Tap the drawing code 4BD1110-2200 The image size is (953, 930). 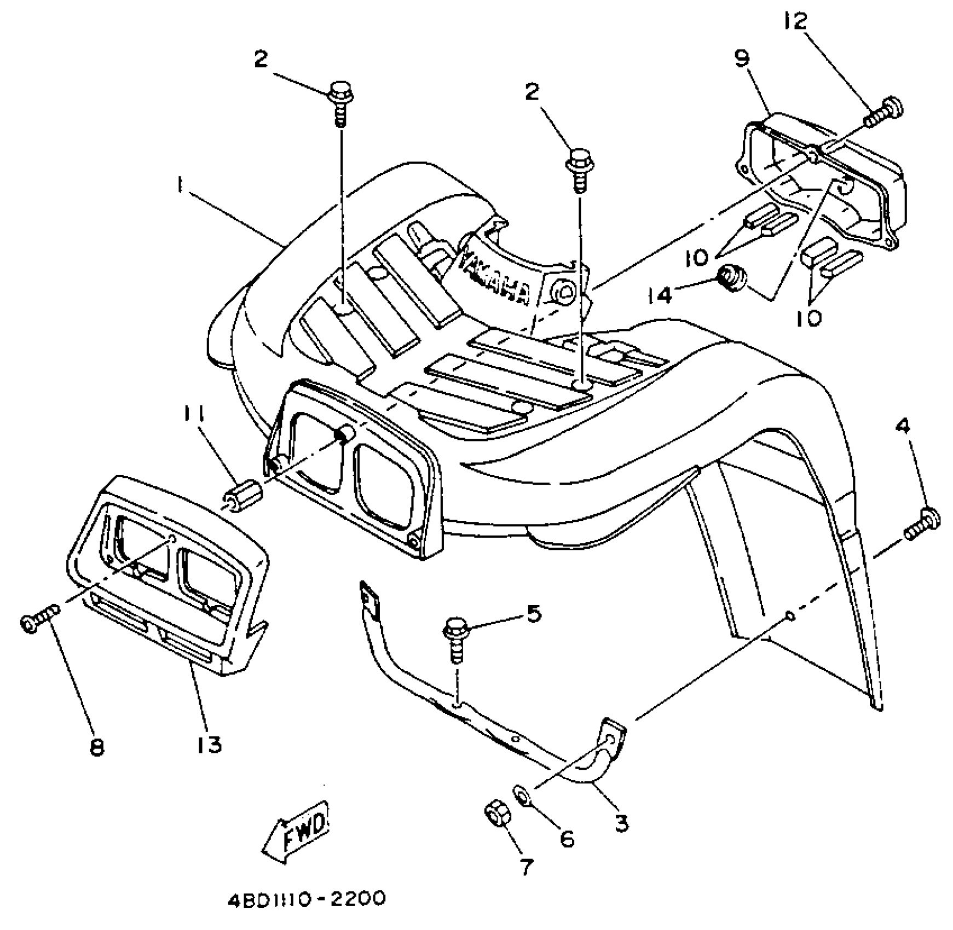pyautogui.click(x=307, y=900)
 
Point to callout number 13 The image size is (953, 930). pyautogui.click(x=210, y=744)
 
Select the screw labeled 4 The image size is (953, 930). pyautogui.click(x=923, y=524)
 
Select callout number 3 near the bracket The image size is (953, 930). pyautogui.click(x=621, y=822)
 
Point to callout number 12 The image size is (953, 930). pyautogui.click(x=795, y=22)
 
